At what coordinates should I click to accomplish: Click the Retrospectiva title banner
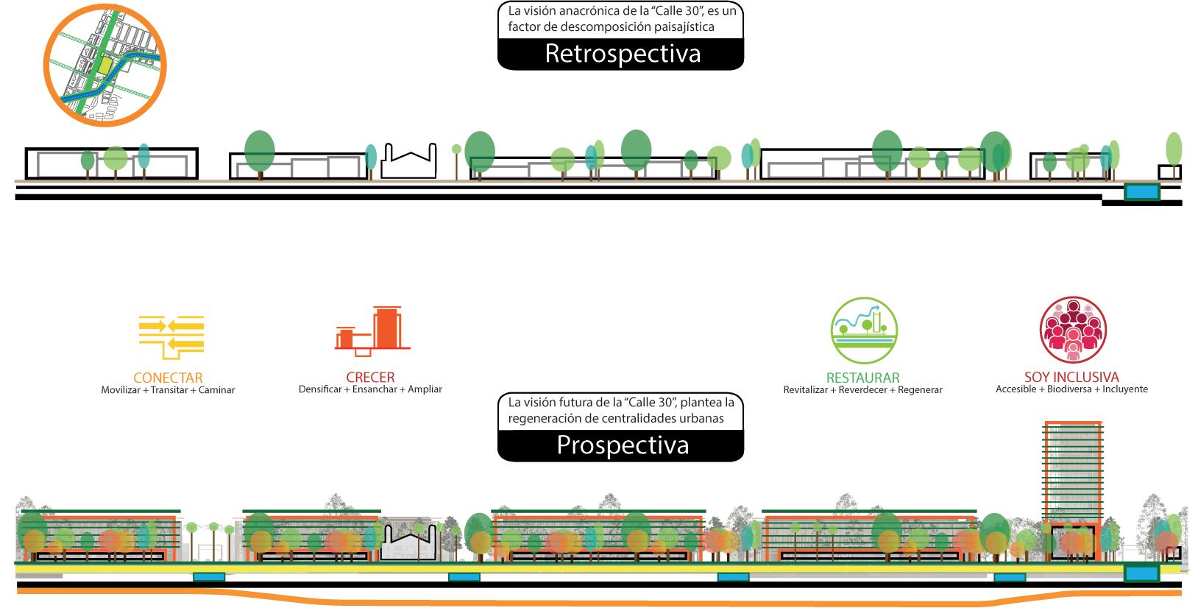tap(621, 54)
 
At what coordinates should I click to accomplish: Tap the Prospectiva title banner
tap(621, 445)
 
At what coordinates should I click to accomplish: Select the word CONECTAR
tap(168, 378)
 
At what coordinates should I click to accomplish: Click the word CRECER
tap(370, 378)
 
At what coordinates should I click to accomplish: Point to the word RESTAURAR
tap(862, 378)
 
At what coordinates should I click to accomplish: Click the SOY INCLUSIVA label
tap(1071, 378)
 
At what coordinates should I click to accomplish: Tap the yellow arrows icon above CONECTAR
tap(171, 335)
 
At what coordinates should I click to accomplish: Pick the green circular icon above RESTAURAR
tap(864, 330)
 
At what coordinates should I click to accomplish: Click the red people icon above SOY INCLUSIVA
tap(1073, 329)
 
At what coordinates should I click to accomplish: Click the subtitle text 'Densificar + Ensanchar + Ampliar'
tap(370, 389)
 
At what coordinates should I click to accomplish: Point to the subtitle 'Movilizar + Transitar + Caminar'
tap(168, 390)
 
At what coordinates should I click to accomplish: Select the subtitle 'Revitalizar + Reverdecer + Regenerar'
tap(862, 390)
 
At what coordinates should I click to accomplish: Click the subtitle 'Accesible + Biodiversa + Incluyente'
tap(1071, 389)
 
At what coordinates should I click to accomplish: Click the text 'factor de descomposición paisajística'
tap(611, 27)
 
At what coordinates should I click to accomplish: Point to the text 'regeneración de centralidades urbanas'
tap(616, 418)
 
